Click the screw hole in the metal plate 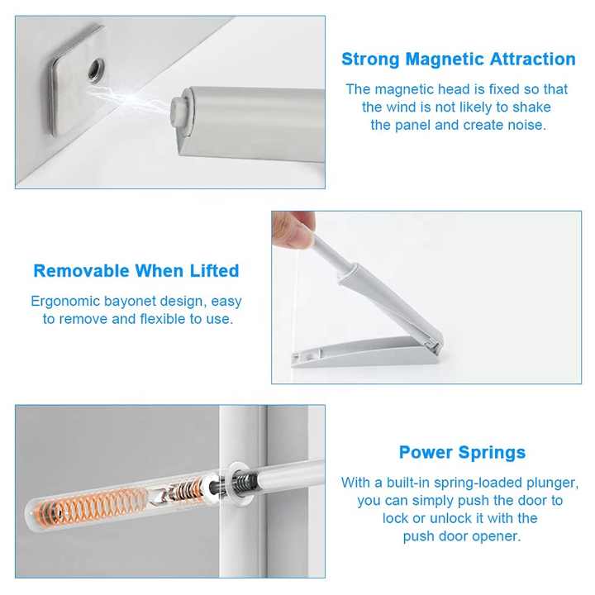tap(97, 69)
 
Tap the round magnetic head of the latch tap(178, 107)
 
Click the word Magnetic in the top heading tap(446, 59)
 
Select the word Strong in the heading tap(370, 59)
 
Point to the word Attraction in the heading tap(532, 59)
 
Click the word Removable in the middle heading tap(81, 271)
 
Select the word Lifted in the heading tap(214, 271)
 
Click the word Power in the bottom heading tap(426, 452)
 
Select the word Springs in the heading tap(492, 453)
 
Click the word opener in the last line tap(501, 536)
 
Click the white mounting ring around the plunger tap(236, 484)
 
